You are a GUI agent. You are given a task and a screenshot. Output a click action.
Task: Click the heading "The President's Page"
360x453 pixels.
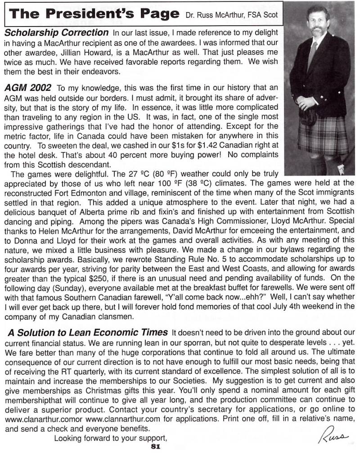click(94, 13)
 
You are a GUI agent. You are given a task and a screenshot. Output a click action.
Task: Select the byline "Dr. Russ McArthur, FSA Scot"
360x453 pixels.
click(232, 15)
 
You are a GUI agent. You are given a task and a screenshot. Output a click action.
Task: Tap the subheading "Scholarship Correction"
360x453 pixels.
click(56, 33)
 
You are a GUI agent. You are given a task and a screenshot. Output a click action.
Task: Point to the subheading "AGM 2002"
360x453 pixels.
click(27, 87)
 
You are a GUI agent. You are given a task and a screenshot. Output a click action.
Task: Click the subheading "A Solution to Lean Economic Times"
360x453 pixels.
click(87, 332)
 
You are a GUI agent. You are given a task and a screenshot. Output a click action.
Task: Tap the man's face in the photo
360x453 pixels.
click(318, 22)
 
